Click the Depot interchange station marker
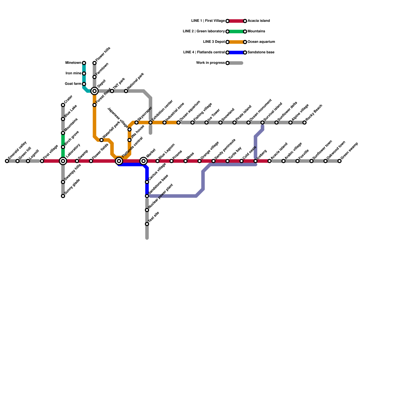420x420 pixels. tap(94, 91)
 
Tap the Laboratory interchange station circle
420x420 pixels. tap(63, 161)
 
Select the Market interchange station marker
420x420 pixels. tap(144, 161)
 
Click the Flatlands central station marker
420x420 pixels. tap(119, 161)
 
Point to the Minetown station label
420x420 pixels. tap(73, 63)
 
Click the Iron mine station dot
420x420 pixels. tap(84, 73)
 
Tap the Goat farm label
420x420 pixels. tap(73, 84)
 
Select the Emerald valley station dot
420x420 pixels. tap(7, 161)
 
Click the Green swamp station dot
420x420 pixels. tap(339, 161)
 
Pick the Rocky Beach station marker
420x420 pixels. tap(304, 123)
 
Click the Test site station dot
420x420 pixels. tap(147, 224)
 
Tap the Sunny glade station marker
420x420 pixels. tap(63, 196)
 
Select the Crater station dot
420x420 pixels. tap(63, 105)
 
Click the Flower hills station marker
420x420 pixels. tap(94, 63)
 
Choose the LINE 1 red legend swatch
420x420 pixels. tap(236, 21)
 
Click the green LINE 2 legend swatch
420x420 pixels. tap(236, 31)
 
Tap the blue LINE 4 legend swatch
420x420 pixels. tap(236, 52)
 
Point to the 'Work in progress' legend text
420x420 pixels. tap(210, 63)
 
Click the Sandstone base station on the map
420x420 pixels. tap(147, 196)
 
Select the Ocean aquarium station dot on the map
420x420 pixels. tap(178, 123)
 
